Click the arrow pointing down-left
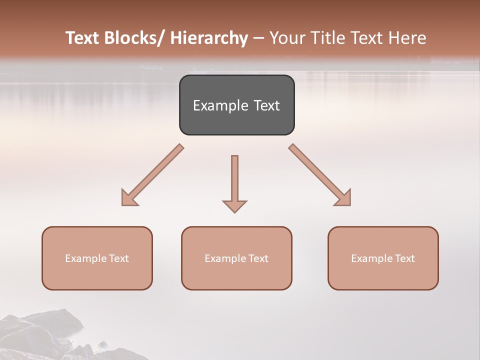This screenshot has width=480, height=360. pos(152,175)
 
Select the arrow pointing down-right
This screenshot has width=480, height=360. pos(320,175)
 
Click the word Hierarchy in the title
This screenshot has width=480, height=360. pos(209,38)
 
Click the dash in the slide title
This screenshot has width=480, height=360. pos(258,38)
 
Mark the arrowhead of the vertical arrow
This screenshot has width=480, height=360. pos(234,205)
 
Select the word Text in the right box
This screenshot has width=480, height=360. pos(404,258)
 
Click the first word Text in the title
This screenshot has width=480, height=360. pos(82,38)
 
